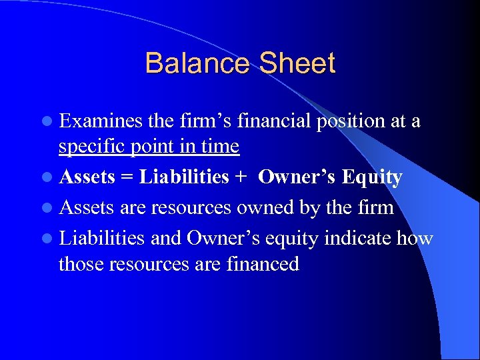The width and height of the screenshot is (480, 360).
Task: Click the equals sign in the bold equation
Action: [x=125, y=178]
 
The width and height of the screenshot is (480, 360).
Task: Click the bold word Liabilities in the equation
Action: [x=184, y=177]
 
